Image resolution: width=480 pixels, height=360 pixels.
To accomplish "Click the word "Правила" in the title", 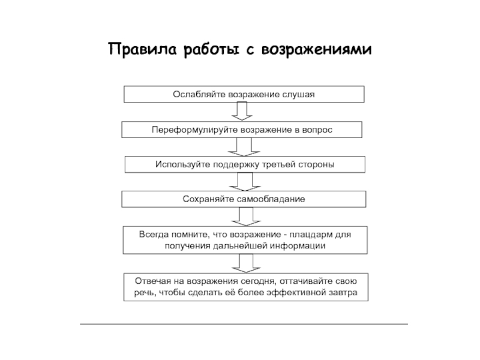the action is click(x=142, y=49).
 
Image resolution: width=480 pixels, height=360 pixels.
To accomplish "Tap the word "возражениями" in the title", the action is click(x=317, y=50).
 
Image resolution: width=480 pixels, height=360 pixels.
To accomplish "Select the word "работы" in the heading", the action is click(x=212, y=50).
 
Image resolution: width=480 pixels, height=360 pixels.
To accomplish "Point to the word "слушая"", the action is click(x=298, y=95).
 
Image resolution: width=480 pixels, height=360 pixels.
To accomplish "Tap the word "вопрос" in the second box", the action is click(x=317, y=130).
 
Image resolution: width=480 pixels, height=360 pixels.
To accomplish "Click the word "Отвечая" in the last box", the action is click(x=152, y=281).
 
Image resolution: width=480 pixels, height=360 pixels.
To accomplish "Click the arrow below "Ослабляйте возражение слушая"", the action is click(x=242, y=111).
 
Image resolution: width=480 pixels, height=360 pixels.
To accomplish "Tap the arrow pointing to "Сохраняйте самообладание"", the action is click(x=245, y=182).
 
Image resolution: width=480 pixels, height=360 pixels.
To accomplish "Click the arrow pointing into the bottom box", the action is click(x=246, y=263).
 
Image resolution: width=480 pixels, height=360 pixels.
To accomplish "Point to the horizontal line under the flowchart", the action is click(x=244, y=324).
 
